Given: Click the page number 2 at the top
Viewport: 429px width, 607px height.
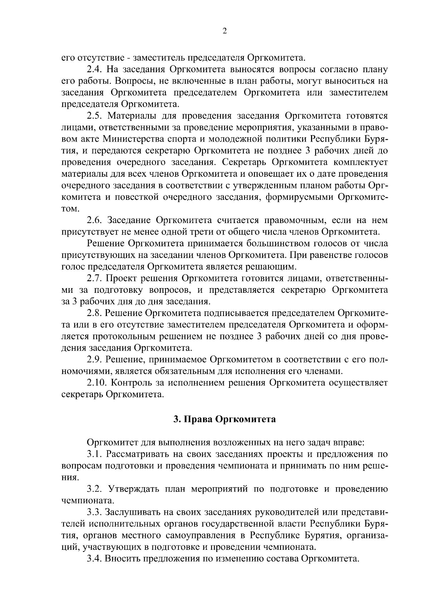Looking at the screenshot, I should (x=225, y=31).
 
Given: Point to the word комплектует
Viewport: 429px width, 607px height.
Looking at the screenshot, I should (x=360, y=162).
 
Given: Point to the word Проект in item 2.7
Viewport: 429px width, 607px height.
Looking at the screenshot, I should (x=124, y=278).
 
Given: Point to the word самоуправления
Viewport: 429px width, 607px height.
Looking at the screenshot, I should (x=201, y=535).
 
